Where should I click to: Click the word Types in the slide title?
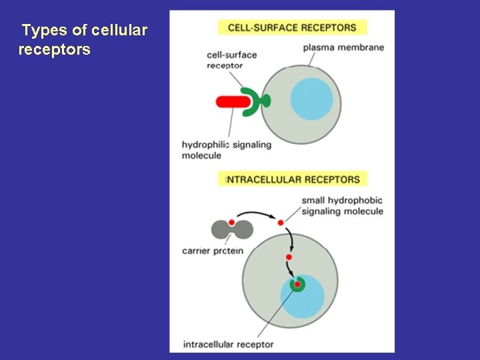(41, 31)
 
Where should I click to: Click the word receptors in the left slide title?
(54, 50)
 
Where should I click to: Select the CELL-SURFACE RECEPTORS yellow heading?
(292, 27)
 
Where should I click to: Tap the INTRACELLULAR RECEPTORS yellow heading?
(293, 179)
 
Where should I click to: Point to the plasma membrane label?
(343, 47)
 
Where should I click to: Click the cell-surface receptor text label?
(231, 60)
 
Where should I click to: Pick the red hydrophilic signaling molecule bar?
(231, 102)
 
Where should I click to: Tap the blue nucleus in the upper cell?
(311, 99)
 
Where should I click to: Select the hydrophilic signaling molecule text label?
(226, 150)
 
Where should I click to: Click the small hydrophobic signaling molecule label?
(342, 206)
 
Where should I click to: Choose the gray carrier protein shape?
(232, 229)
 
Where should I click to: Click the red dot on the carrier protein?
(231, 222)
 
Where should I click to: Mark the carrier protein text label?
(212, 251)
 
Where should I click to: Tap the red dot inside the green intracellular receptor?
(297, 285)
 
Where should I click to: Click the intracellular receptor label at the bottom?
(228, 345)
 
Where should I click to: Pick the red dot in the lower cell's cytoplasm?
(289, 257)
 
